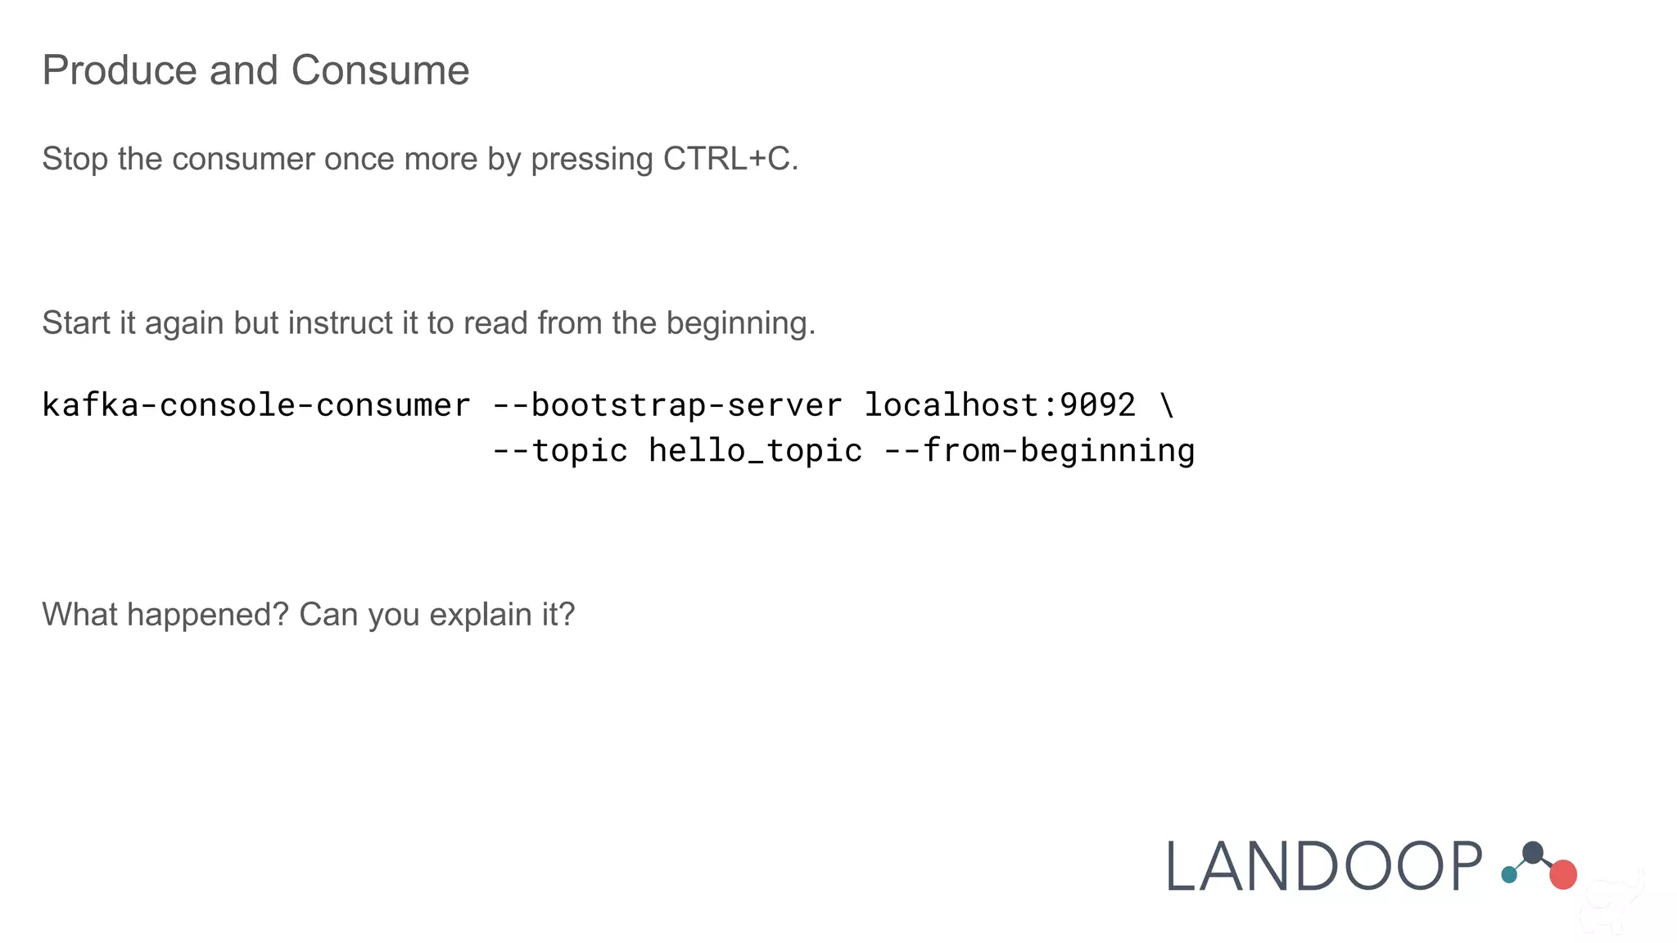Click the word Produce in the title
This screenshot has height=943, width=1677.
119,70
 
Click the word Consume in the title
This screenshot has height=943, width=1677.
380,70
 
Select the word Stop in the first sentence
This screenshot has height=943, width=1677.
75,159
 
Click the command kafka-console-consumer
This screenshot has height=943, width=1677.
256,405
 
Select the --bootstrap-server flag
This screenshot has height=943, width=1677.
667,405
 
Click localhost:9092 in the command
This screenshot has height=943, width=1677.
1000,405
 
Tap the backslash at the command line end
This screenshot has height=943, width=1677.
1167,405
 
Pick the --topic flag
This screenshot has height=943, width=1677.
560,451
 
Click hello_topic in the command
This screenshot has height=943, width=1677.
755,451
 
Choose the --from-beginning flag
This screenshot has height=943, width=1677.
1039,451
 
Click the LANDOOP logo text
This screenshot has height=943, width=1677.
1323,866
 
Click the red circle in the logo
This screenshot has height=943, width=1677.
1563,874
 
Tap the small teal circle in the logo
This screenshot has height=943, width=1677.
1509,875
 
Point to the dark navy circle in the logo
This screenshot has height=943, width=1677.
1533,853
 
